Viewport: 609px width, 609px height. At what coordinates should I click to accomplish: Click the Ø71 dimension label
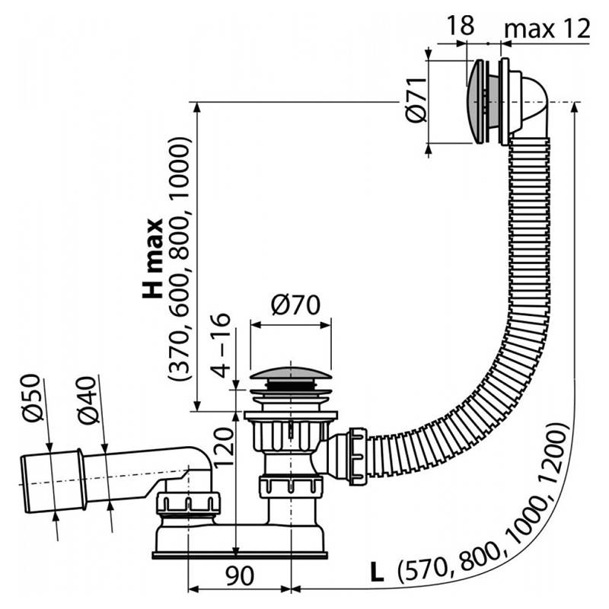pos(416,100)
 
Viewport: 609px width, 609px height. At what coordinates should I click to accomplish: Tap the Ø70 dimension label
pos(296,305)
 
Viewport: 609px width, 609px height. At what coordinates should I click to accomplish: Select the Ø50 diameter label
pos(31,397)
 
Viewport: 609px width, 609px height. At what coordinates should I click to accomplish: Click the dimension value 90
pos(241,576)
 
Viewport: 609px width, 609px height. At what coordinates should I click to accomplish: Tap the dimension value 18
pos(461,26)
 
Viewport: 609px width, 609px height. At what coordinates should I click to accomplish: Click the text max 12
pos(547,29)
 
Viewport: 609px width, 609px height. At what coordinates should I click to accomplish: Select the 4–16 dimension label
pos(220,345)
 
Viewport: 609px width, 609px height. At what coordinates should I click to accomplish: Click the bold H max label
pos(151,258)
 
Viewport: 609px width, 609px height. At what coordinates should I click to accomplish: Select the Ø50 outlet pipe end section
pos(53,481)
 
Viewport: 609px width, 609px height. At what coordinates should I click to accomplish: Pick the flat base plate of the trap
pos(240,555)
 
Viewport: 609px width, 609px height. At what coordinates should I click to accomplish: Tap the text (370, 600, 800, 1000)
pos(180,258)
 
